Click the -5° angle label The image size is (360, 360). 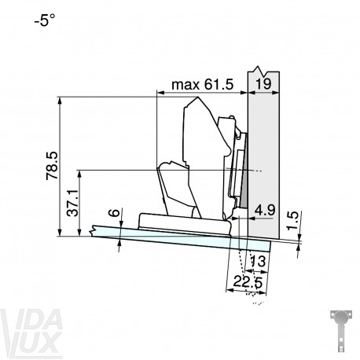(45, 20)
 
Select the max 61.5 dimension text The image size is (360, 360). (202, 85)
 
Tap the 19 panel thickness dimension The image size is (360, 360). (263, 84)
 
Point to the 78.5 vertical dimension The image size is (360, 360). (52, 166)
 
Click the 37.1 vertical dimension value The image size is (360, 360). (72, 203)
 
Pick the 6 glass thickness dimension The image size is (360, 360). (114, 212)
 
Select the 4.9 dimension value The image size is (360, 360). (265, 210)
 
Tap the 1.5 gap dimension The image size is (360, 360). (293, 221)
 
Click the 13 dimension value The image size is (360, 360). (258, 261)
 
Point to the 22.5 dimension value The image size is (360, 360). (248, 282)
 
